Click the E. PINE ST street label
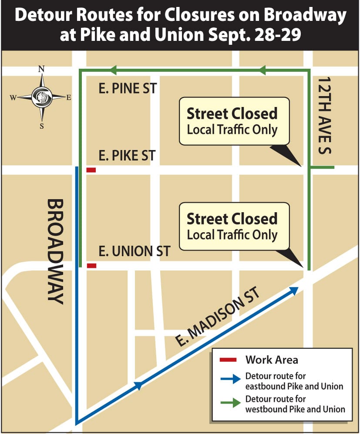128,89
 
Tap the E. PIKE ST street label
127,155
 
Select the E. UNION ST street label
134,251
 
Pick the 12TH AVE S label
325,115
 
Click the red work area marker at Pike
91,170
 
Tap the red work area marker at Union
91,266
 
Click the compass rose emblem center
42,97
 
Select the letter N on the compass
42,69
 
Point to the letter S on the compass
42,126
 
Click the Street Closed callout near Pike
234,121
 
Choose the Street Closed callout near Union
234,226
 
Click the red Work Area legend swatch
228,360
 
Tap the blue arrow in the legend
230,379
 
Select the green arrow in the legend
230,403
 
